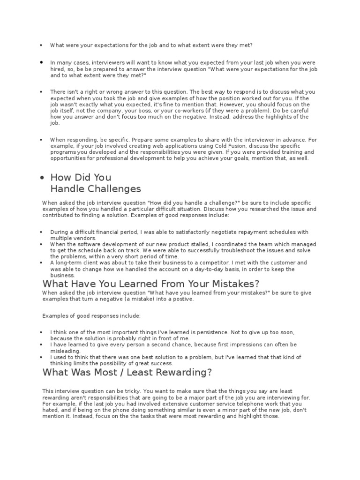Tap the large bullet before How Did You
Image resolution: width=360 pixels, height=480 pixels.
(x=42, y=178)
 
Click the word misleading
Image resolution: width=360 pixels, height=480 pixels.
(x=66, y=351)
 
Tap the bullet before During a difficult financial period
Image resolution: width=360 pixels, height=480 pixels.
(x=42, y=232)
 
